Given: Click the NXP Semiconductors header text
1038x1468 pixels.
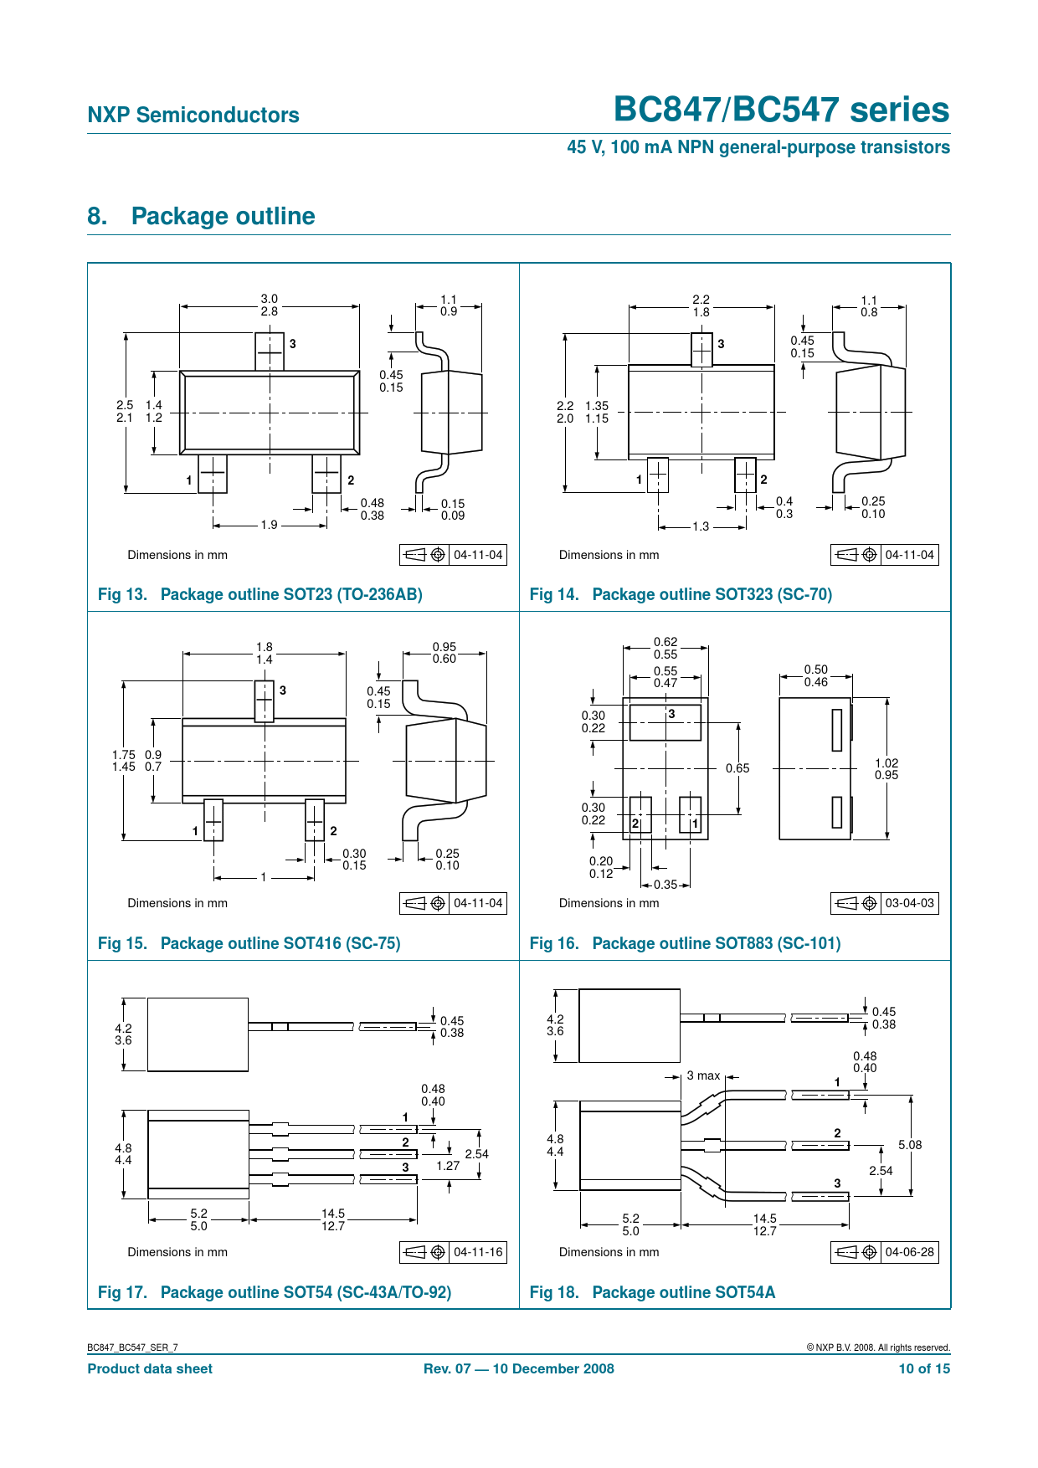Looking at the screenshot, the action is [193, 115].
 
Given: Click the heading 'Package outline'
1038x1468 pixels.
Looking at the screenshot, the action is [224, 216].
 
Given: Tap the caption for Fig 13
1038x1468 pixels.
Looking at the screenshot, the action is [260, 594].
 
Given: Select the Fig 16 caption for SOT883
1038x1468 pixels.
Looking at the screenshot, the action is [685, 943].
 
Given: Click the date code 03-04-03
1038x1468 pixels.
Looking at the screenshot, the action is [909, 903].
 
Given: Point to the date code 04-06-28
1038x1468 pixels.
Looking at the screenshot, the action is [909, 1252].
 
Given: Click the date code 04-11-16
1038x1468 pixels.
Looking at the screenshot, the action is [478, 1252].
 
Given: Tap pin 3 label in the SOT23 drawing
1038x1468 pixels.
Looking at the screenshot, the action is [293, 343].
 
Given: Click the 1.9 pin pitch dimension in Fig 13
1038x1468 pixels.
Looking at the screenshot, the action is [269, 525].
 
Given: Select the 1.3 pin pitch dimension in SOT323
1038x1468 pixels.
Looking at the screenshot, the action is [701, 526].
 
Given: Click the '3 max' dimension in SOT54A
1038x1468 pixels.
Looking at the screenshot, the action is [703, 1075].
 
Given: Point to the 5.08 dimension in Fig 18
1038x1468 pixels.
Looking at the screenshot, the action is [910, 1145].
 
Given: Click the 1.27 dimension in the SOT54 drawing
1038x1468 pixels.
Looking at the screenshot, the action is [448, 1166].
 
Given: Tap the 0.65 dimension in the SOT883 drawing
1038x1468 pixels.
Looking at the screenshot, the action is [737, 768].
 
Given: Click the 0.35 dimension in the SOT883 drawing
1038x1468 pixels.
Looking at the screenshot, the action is [665, 885].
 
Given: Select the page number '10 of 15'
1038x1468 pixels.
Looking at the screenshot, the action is [924, 1368].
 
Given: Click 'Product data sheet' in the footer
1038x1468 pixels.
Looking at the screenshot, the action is [150, 1368].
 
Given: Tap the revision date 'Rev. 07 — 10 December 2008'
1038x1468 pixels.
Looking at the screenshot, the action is [519, 1368].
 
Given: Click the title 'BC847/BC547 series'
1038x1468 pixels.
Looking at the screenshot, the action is [782, 110].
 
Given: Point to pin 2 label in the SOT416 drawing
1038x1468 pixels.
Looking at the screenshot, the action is [333, 831].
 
